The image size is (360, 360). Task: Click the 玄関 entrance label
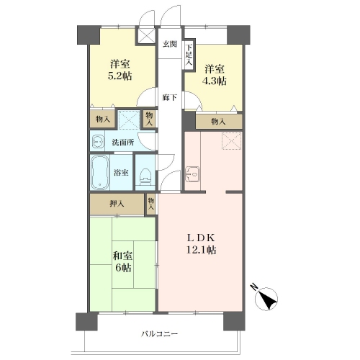[x=170, y=44]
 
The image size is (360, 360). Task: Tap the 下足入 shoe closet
[x=189, y=55]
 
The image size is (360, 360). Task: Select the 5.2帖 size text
[x=120, y=76]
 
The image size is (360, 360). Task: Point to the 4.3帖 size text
[x=215, y=81]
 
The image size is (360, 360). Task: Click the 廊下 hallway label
[x=170, y=98]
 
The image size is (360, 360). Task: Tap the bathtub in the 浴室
[x=100, y=173]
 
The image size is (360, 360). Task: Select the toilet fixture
[x=145, y=177]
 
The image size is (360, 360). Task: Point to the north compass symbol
[x=266, y=298]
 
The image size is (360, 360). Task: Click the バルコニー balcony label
[x=159, y=334]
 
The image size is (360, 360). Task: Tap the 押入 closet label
[x=117, y=204]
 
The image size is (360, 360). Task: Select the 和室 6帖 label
[x=122, y=261]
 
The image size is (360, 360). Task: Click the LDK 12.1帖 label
[x=201, y=244]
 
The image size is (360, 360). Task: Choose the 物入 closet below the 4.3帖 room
[x=219, y=122]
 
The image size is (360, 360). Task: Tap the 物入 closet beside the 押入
[x=151, y=204]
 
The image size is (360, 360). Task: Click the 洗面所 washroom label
[x=123, y=143]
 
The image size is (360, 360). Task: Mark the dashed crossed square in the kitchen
[x=231, y=141]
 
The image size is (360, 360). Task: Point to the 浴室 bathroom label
[x=121, y=173]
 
